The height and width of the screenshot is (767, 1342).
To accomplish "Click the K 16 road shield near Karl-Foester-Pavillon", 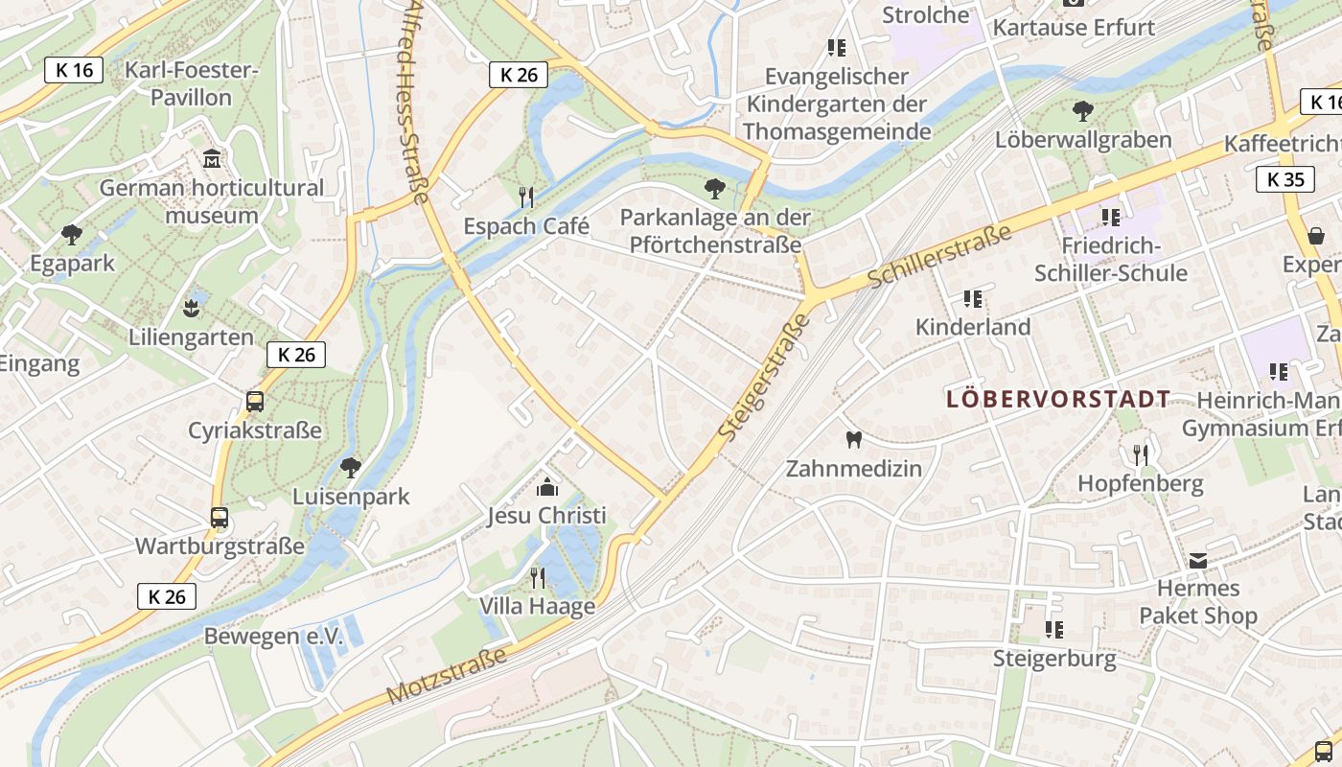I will click(x=74, y=70).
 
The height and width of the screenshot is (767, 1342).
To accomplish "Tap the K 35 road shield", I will click(x=1285, y=179).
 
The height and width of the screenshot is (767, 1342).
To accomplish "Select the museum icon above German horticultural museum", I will click(x=212, y=158).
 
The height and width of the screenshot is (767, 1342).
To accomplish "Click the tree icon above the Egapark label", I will click(x=71, y=234).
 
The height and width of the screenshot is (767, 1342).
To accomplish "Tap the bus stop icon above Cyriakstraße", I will click(x=255, y=401).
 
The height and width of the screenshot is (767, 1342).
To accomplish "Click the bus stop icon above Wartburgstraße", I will click(x=220, y=518).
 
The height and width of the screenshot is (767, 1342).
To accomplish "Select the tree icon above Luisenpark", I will click(x=351, y=467).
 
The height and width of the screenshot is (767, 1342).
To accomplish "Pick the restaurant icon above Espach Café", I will click(x=526, y=198).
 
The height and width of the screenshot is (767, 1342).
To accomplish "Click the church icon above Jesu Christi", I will click(x=547, y=487).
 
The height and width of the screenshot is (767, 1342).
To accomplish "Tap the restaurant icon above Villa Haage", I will click(x=538, y=577).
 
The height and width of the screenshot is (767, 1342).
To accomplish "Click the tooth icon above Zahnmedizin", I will click(x=854, y=440).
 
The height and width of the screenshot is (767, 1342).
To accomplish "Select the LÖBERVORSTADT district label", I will click(x=1058, y=399).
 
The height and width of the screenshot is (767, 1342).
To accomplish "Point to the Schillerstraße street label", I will click(x=940, y=256).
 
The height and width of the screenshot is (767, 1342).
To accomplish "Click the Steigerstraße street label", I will click(x=764, y=377).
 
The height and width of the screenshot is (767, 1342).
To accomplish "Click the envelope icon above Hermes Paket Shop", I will click(x=1198, y=560).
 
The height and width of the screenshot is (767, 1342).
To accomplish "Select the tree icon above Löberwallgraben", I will click(x=1083, y=111).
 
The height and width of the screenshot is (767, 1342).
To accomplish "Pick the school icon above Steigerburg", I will click(x=1054, y=629).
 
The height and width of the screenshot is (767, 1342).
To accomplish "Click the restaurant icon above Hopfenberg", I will click(x=1140, y=454).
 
